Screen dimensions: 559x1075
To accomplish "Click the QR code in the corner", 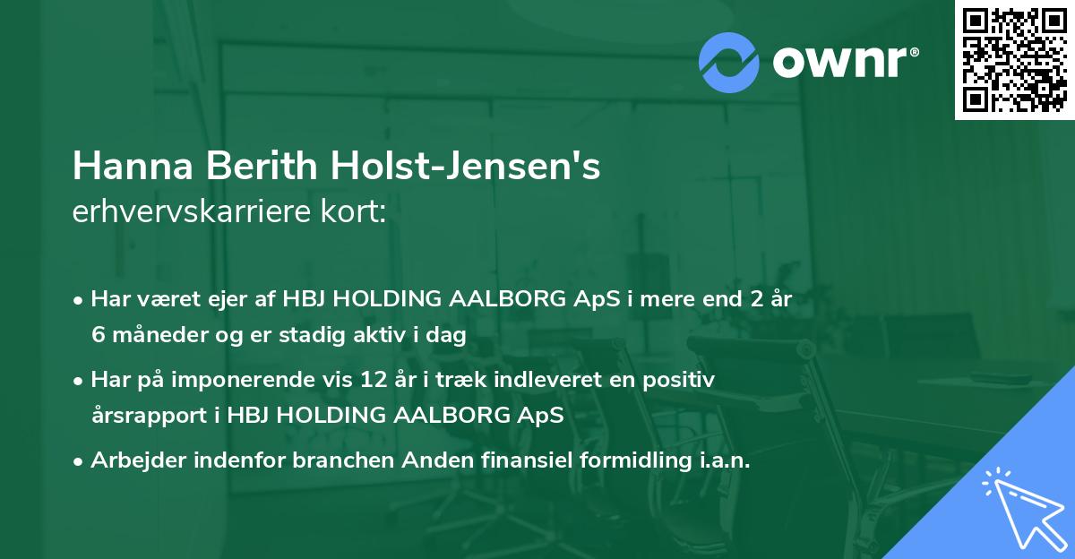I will pyautogui.click(x=1014, y=59).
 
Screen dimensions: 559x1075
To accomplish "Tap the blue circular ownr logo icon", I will pyautogui.click(x=728, y=63).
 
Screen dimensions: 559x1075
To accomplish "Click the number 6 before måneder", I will pyautogui.click(x=98, y=335).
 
